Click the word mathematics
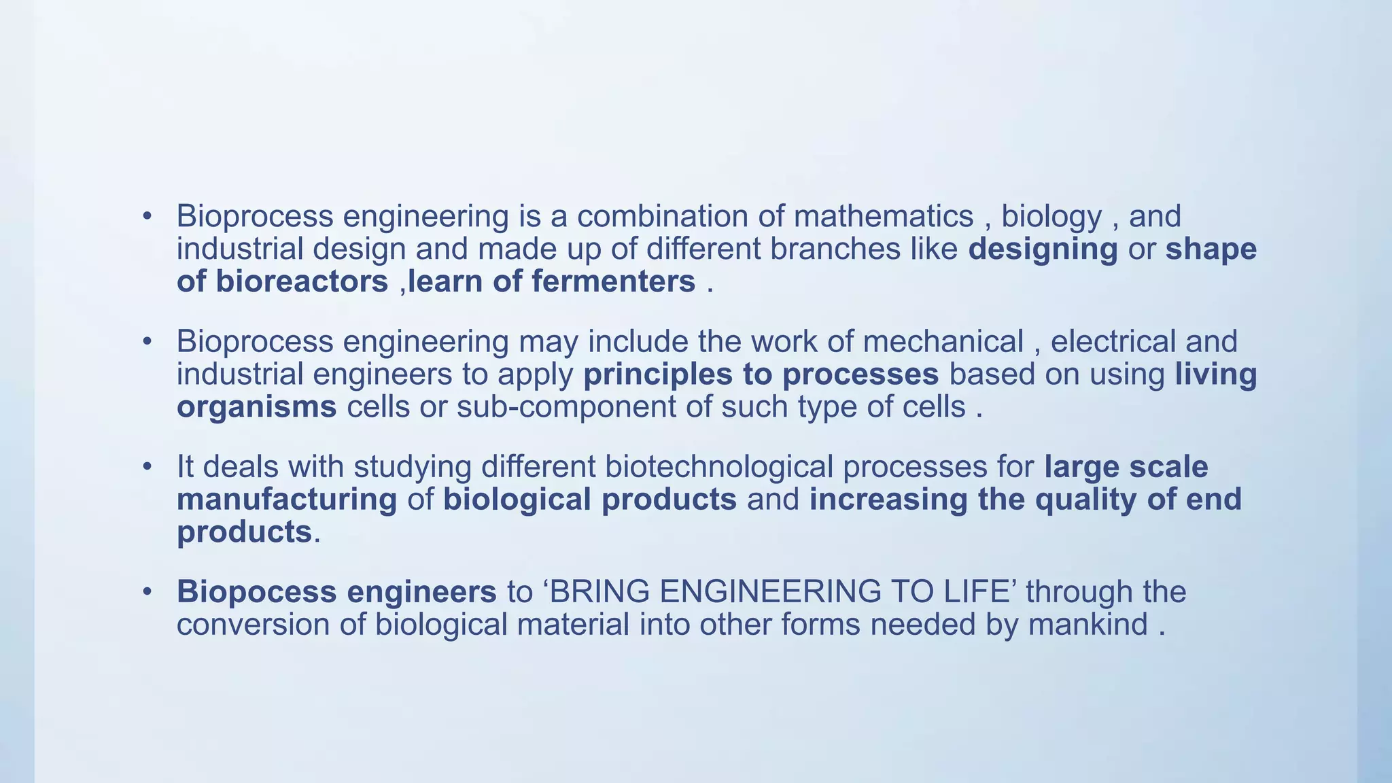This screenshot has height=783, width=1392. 884,217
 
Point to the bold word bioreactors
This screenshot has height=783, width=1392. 302,281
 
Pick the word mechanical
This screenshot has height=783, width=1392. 943,341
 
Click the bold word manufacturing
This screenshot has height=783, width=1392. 287,500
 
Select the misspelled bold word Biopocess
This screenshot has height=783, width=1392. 256,592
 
